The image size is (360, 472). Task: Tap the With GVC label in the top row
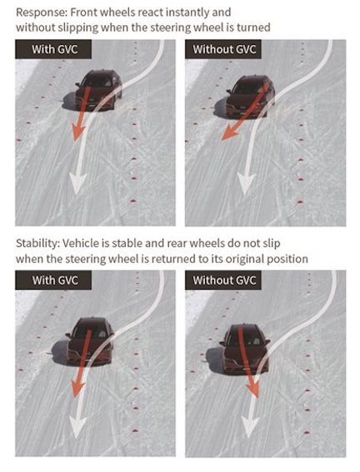coord(53,49)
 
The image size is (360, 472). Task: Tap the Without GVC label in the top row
coord(223,49)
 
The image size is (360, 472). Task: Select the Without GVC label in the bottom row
coord(223,280)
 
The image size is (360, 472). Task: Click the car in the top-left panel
coord(98,90)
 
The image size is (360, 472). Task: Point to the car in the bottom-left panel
coord(90,341)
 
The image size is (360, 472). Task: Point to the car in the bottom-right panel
coord(245,349)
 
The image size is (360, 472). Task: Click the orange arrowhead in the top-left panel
coord(77,133)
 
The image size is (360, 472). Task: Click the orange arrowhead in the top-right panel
coord(229,132)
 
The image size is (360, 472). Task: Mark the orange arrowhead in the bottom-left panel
coord(77,388)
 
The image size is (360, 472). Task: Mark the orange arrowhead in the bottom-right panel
coord(254,390)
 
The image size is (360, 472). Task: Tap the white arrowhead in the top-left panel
coord(77,182)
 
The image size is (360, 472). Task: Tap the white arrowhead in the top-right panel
coord(246,183)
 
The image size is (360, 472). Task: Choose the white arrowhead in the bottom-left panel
coord(77,427)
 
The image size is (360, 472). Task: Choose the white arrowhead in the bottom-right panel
coord(249,427)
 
